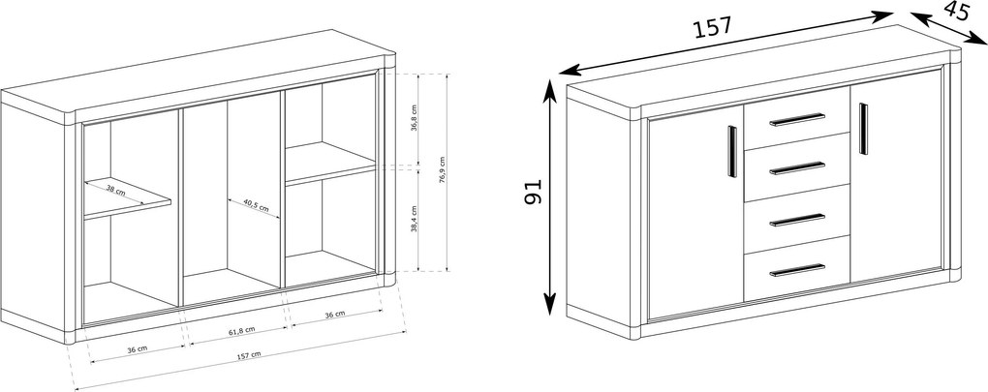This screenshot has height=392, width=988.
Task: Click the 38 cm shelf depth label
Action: tap(116, 190)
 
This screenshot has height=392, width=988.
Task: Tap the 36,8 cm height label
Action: tap(414, 118)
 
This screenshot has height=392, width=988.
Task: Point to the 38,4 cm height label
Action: tap(414, 219)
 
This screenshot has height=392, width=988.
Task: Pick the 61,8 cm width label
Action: tap(240, 330)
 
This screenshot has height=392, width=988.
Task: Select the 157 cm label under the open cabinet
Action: tap(249, 355)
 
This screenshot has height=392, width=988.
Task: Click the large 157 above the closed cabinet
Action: tap(713, 28)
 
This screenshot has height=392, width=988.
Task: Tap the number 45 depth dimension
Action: tap(956, 13)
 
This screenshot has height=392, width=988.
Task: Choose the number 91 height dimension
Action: tap(533, 192)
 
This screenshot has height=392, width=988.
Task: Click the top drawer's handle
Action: tap(797, 120)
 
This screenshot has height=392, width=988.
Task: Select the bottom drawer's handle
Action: tap(797, 270)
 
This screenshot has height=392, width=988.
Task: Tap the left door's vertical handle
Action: tap(732, 151)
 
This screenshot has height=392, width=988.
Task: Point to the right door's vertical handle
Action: tap(863, 129)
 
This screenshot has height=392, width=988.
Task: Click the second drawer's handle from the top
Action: tap(797, 168)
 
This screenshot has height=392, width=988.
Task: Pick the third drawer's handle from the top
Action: tap(797, 220)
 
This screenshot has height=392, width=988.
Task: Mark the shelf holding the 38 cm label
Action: tap(128, 198)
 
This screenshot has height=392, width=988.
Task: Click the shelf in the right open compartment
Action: tap(330, 164)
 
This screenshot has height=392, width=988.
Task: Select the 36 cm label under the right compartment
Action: tap(335, 314)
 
